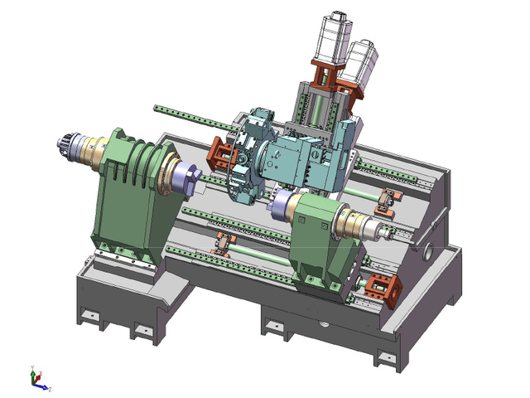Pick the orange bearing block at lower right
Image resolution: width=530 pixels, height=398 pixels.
pos(383,290)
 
